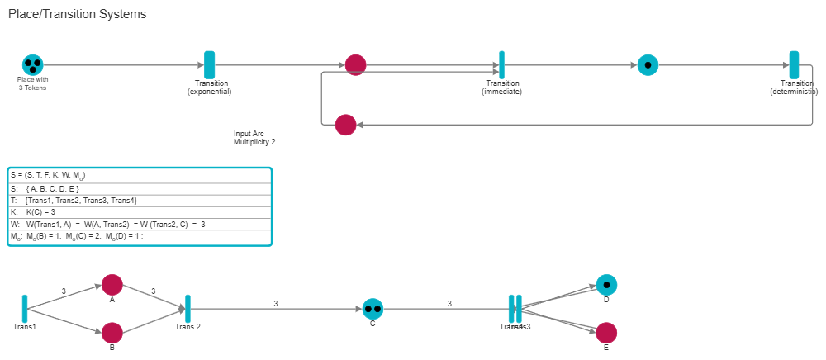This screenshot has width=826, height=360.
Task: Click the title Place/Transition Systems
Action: pos(77,14)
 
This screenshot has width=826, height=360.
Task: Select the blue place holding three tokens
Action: pos(33,64)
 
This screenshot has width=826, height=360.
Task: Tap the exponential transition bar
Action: pos(210,65)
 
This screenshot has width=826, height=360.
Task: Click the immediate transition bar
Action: pos(501,65)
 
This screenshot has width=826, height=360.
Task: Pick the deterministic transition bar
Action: pos(794,65)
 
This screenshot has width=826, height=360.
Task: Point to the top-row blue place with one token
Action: pos(648,64)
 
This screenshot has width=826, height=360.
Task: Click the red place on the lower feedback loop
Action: pos(345,125)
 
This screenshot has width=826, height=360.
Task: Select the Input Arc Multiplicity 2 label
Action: pos(254,137)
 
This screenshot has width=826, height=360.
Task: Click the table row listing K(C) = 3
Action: pos(139,212)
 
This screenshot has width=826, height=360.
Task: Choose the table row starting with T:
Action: pos(139,201)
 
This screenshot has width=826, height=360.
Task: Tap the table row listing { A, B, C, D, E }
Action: pos(139,189)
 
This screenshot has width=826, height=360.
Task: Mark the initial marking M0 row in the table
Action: pos(139,236)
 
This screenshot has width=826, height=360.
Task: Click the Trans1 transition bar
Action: pos(25,308)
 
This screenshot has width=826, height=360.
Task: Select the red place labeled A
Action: pos(112,285)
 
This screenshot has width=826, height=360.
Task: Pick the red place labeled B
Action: pos(112,333)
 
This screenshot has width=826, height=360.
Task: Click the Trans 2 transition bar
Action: pos(188,309)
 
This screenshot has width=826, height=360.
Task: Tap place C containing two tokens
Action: pos(373,309)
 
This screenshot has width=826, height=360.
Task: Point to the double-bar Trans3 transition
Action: pos(515,309)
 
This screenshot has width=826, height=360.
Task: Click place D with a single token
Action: pos(606,285)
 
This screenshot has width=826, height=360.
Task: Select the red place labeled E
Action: pos(606,333)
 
